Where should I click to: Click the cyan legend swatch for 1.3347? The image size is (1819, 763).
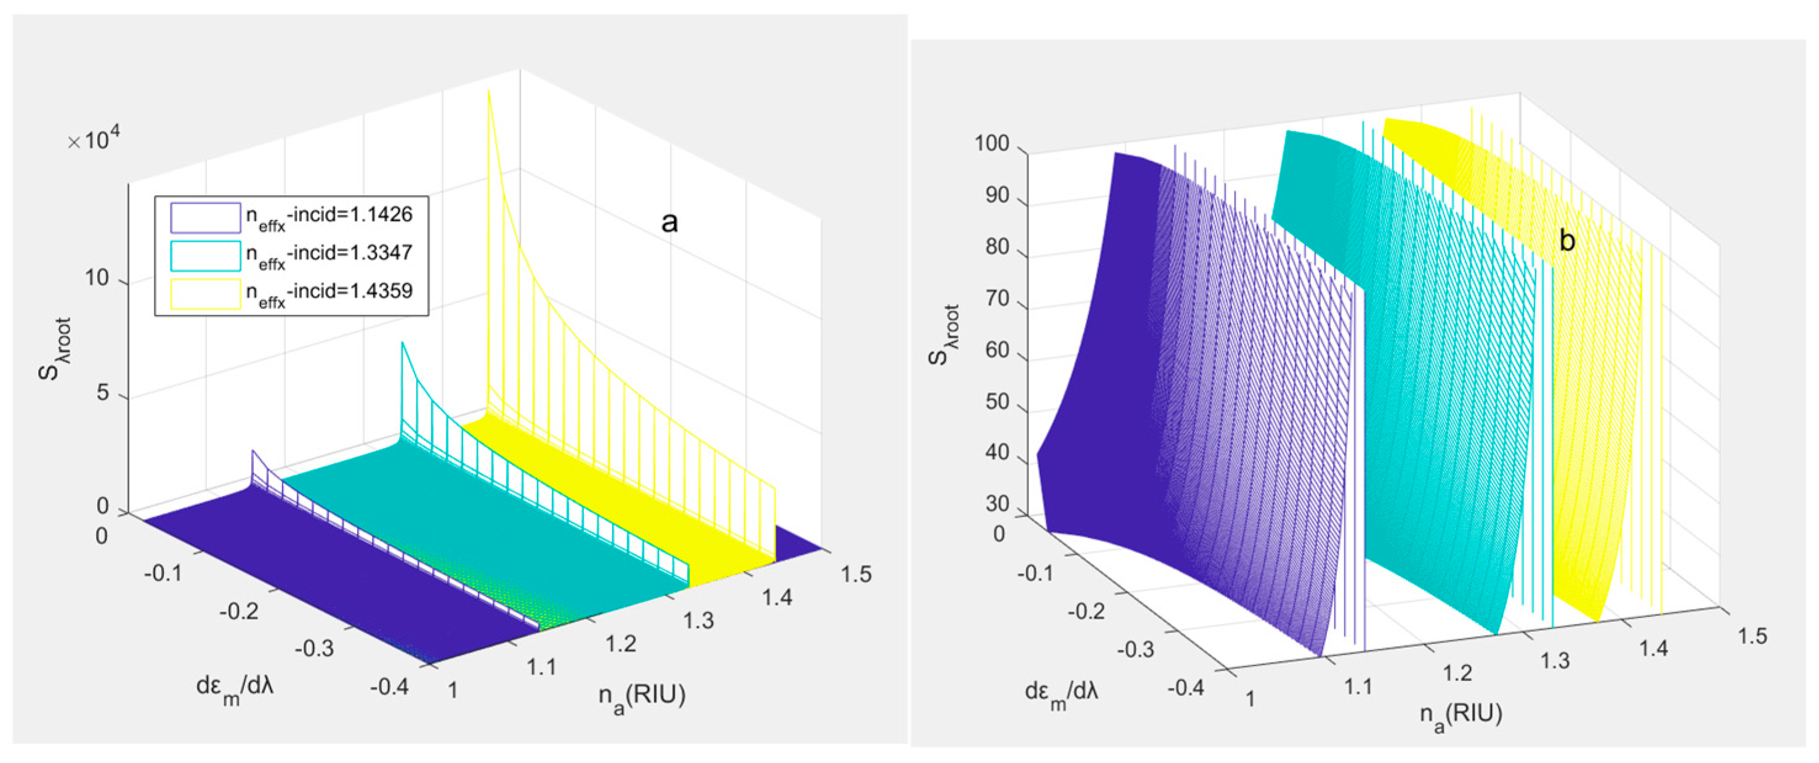[205, 256]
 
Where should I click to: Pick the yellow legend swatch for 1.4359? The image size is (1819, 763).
[205, 294]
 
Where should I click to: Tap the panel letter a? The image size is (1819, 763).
[669, 222]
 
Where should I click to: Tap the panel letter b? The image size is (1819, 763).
[1566, 241]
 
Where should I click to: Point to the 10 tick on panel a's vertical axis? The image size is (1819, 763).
[97, 278]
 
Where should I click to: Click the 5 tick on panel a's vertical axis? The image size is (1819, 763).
[103, 392]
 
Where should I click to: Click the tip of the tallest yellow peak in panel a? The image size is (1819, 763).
[488, 92]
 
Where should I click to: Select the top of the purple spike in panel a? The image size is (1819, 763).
[253, 451]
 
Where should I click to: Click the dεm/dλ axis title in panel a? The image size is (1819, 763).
[235, 687]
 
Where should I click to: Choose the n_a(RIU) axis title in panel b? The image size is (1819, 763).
[1460, 715]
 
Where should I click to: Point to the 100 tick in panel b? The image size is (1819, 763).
[991, 143]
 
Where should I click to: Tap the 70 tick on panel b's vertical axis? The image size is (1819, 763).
[997, 299]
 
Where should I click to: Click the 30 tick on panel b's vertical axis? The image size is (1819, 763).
[997, 504]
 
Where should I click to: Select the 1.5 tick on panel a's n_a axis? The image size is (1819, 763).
[856, 574]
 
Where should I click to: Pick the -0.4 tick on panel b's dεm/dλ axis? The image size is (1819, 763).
[1185, 687]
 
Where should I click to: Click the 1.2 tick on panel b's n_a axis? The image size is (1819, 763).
[1458, 672]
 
